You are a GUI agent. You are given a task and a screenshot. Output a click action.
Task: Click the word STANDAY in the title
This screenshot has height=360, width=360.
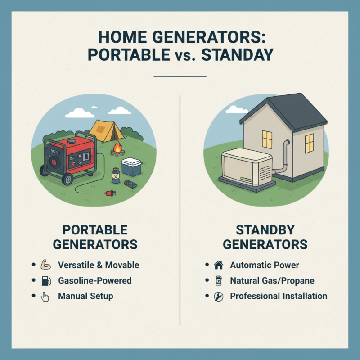[x=237, y=54]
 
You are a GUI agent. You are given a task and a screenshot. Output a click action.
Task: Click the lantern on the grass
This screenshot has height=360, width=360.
[x=115, y=173]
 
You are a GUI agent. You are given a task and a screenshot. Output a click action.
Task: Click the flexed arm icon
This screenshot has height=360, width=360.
[x=45, y=265]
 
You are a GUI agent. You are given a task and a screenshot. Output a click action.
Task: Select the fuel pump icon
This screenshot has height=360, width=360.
[x=45, y=281]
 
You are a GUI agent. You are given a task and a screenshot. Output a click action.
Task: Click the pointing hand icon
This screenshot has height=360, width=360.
[x=45, y=297]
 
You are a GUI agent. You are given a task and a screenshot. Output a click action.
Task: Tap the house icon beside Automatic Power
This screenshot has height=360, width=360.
[x=219, y=265]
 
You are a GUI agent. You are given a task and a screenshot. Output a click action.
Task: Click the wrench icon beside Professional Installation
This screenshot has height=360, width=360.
[x=219, y=297]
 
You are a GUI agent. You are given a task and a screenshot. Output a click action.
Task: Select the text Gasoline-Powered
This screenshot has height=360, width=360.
[x=95, y=281]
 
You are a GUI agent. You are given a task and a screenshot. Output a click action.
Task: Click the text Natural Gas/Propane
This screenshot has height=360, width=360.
[x=272, y=281]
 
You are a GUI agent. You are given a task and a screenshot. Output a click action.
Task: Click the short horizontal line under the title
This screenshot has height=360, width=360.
[x=180, y=76]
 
